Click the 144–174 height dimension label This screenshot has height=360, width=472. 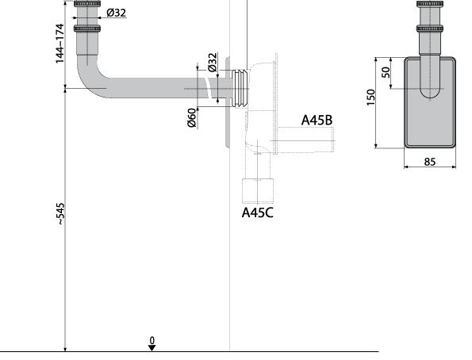point(60,44)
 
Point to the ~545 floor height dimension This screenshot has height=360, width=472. point(61,214)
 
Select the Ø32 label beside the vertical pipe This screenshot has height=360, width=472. point(116,13)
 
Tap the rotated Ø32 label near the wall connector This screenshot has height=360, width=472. point(213,63)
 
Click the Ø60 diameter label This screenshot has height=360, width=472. point(192,117)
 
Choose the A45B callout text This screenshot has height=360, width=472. point(317,120)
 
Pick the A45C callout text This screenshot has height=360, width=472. point(258,213)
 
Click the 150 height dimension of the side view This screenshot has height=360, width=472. point(371,98)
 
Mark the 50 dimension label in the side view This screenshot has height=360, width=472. point(386,72)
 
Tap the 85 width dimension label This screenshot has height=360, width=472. point(430,162)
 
